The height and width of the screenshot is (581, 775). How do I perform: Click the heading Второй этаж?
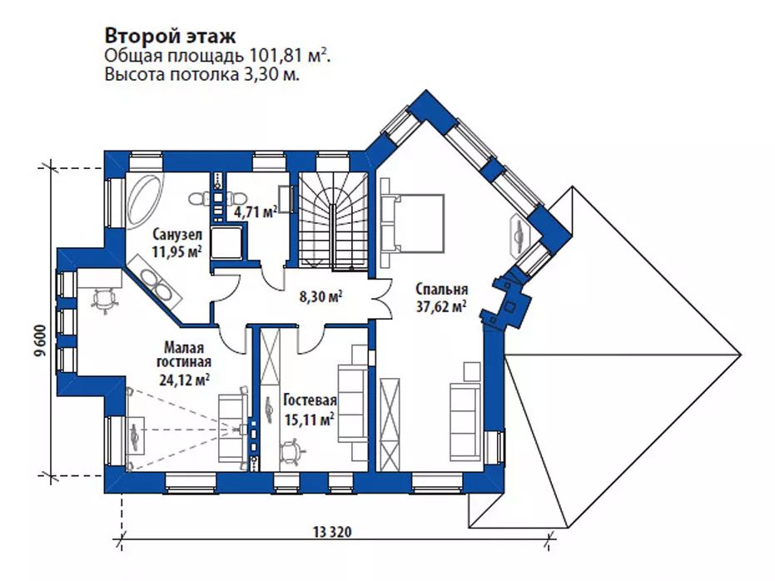click(x=171, y=37)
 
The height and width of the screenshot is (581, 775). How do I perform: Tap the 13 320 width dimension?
click(x=333, y=532)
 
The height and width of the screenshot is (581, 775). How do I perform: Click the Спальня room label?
click(x=441, y=289)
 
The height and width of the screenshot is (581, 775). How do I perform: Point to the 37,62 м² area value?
click(x=441, y=307)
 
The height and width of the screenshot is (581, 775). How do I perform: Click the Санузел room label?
click(x=177, y=233)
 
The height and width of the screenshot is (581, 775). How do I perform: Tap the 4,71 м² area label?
click(x=255, y=212)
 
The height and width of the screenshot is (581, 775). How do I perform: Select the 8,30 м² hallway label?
click(x=320, y=297)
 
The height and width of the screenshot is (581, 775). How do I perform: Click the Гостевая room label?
click(x=310, y=400)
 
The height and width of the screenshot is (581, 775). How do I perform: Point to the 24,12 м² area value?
click(x=184, y=380)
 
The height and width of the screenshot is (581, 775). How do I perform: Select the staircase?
click(x=333, y=221)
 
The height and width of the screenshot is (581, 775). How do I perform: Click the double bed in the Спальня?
click(x=412, y=222)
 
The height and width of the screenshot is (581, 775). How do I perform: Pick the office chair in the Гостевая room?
click(x=291, y=454)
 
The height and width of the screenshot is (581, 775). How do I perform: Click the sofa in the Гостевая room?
click(x=352, y=403)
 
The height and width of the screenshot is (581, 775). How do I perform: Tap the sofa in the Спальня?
click(x=465, y=422)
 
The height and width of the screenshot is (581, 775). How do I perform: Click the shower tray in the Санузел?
click(x=227, y=243)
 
